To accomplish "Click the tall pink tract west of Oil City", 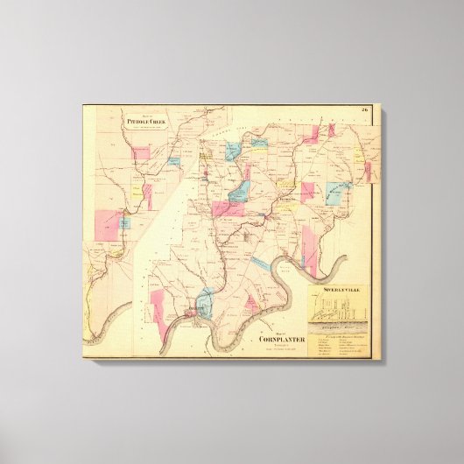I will (158, 306).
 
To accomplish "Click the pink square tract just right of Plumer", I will (307, 193).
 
